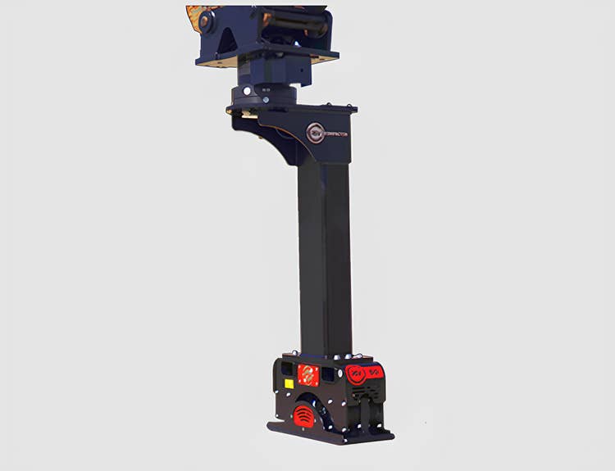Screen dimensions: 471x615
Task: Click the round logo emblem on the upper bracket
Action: [315, 133]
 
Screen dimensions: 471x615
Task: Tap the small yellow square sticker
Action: [288, 383]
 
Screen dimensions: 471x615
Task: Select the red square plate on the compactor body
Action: [308, 375]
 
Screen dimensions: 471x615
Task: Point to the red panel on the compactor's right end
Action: [365, 374]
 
